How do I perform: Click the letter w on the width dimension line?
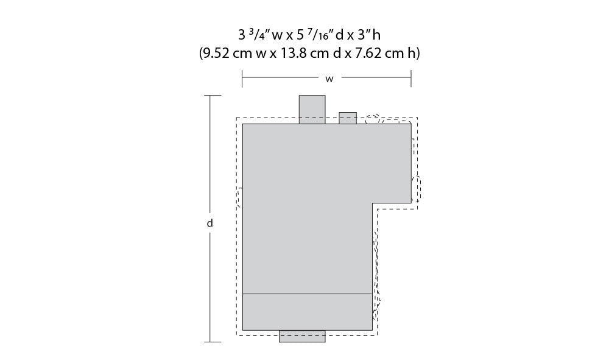(329, 79)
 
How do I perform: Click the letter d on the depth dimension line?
(209, 223)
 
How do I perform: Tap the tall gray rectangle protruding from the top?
(312, 110)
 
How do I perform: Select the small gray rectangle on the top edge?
(348, 118)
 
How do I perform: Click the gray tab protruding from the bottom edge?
(302, 336)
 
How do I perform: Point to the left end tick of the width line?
(242, 79)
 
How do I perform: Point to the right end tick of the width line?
(411, 79)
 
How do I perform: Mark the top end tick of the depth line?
(213, 95)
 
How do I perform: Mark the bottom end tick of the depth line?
(213, 342)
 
